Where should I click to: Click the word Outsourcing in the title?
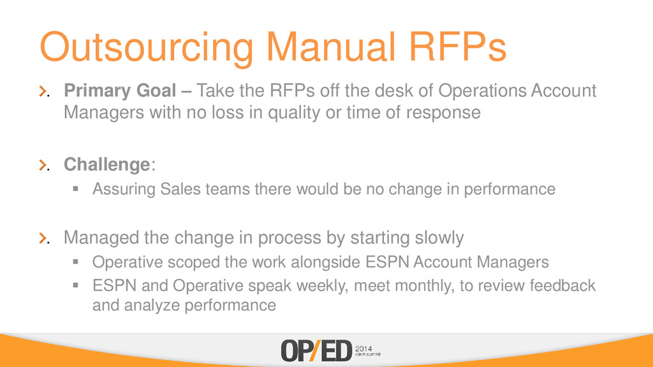click(x=147, y=47)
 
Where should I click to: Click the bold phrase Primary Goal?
click(x=120, y=91)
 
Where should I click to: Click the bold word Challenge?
click(x=106, y=164)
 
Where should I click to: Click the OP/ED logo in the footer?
click(x=316, y=351)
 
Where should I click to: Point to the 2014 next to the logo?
click(x=363, y=349)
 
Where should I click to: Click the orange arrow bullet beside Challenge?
click(x=43, y=165)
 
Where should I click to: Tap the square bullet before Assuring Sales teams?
click(x=75, y=189)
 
